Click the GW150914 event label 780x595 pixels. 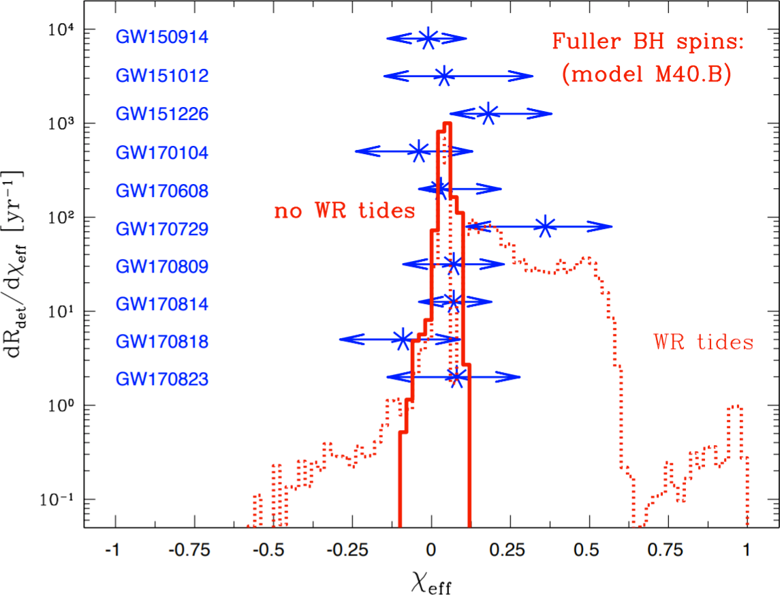(x=161, y=38)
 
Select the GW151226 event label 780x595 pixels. (x=161, y=114)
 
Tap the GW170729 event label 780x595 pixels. (x=161, y=227)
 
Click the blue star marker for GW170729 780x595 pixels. (x=546, y=226)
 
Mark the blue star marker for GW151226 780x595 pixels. (x=488, y=114)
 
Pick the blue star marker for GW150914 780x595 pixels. (x=427, y=38)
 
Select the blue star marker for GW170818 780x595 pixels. (x=403, y=339)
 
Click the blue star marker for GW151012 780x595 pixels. (x=444, y=76)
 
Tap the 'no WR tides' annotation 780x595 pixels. (x=344, y=211)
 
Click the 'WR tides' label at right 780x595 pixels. (x=703, y=342)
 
